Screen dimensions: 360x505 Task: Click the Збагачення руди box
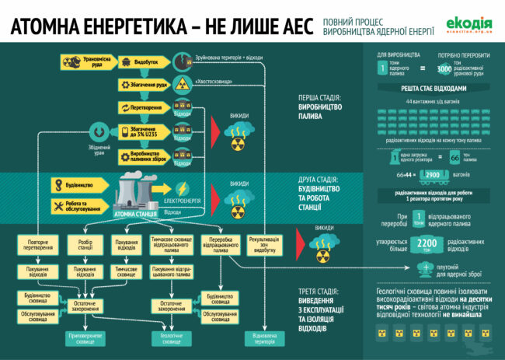(x=144, y=84)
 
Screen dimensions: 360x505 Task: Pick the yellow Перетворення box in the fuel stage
(x=144, y=107)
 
